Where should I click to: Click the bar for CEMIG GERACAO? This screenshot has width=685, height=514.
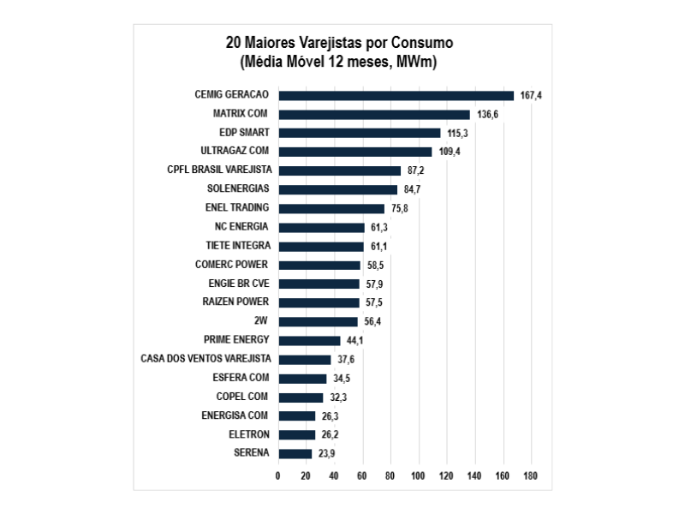tap(396, 95)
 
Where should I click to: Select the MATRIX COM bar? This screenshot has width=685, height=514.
tap(374, 114)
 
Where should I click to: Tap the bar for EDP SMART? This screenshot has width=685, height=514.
tap(359, 133)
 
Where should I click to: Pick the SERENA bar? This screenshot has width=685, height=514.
tap(295, 453)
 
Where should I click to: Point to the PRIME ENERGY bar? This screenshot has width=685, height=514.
tap(309, 340)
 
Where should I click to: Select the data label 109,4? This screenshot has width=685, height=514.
tap(450, 152)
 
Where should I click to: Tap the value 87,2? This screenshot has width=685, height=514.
tap(416, 170)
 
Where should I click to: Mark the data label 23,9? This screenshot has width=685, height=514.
tap(326, 453)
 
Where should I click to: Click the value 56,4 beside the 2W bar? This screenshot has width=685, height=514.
tap(372, 321)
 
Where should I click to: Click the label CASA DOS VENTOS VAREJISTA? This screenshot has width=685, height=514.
tap(205, 358)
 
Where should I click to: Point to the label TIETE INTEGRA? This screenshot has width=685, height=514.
tap(237, 245)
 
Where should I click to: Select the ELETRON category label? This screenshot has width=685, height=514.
tap(249, 433)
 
